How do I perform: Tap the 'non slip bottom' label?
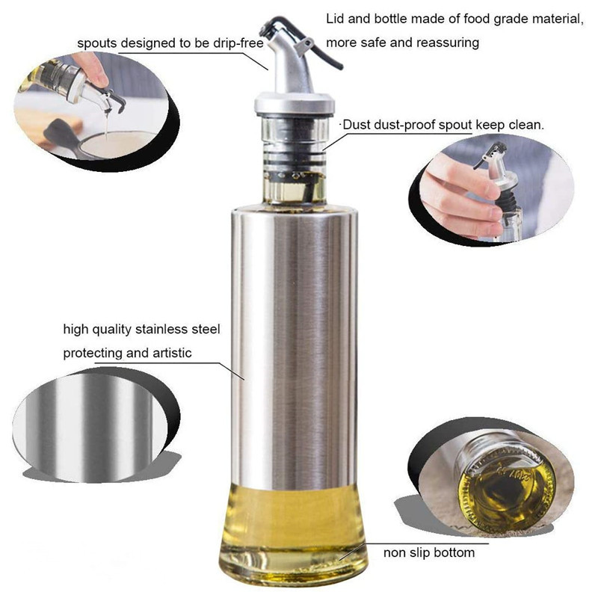click(428, 553)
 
